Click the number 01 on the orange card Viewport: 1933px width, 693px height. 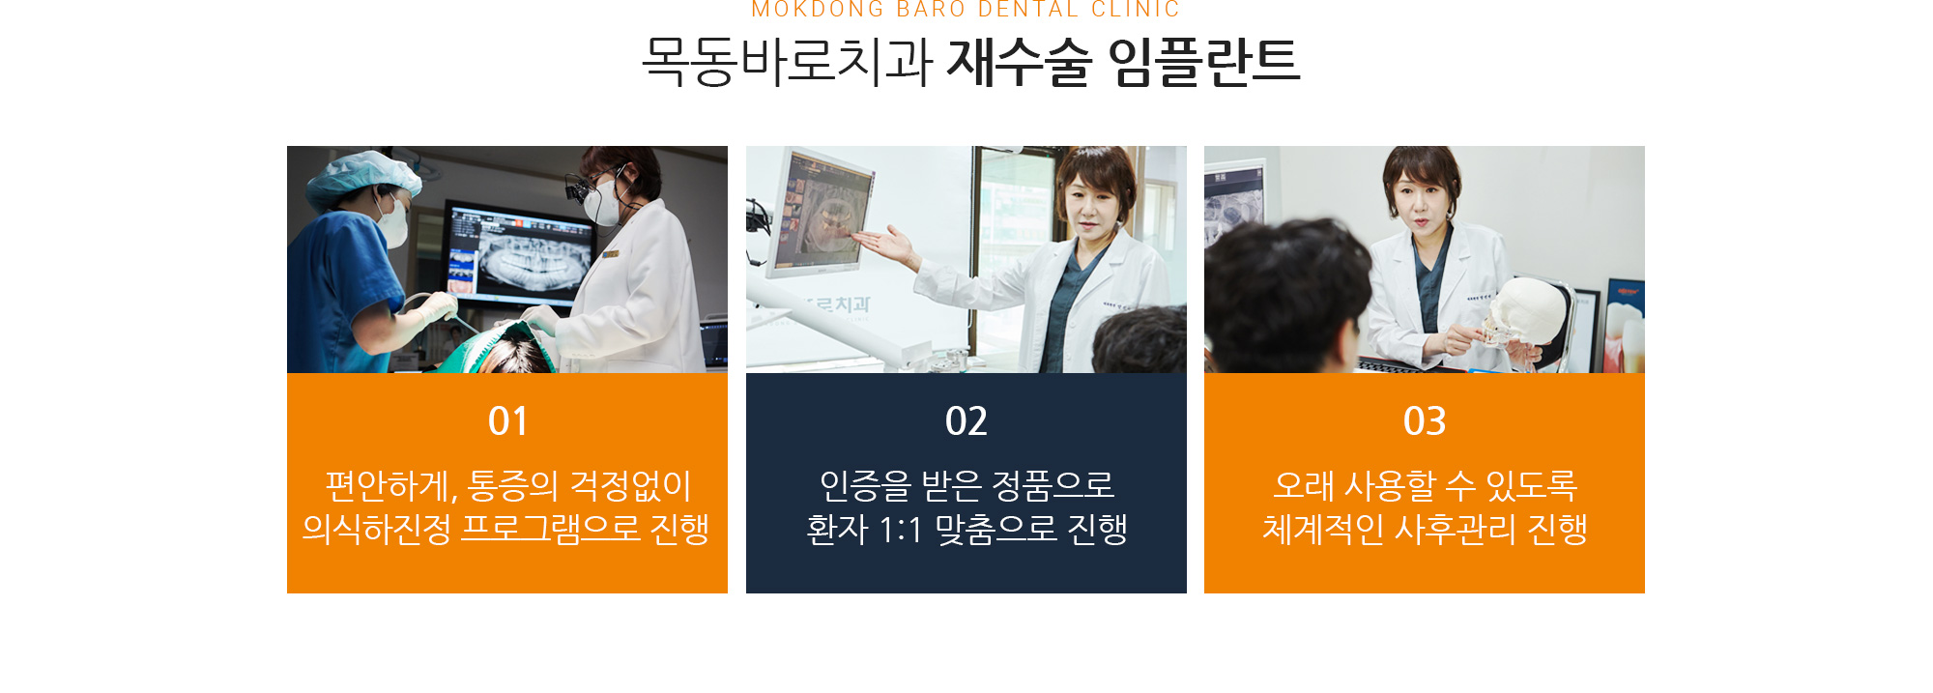pos(507,421)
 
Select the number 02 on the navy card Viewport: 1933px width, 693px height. pos(966,421)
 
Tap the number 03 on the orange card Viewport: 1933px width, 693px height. pos(1425,421)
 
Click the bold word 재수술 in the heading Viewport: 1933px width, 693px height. pos(1019,62)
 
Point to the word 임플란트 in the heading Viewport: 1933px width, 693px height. pos(1204,62)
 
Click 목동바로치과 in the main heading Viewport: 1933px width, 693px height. pos(787,62)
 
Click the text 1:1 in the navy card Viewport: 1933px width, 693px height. pos(901,530)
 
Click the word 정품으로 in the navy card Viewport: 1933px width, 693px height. pos(1053,485)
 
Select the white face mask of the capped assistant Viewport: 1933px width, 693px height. pos(393,223)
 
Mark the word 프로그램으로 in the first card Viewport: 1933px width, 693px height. pos(551,529)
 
